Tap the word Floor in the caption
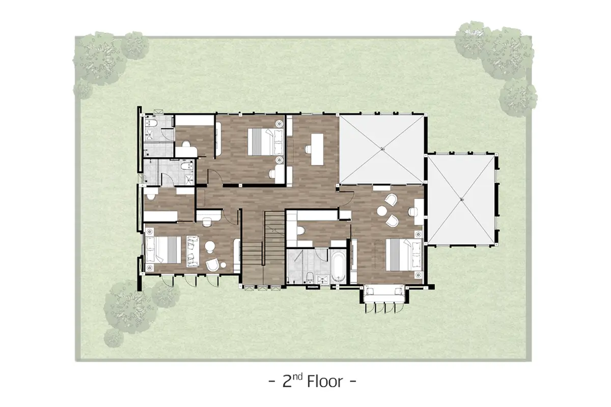click(x=325, y=382)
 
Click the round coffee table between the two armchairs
click(x=382, y=211)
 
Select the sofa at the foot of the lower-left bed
click(x=193, y=251)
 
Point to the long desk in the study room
click(x=317, y=149)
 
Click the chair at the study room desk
click(x=308, y=149)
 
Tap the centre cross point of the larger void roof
click(x=382, y=149)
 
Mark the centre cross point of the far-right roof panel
click(x=461, y=200)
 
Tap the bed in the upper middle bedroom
click(x=265, y=142)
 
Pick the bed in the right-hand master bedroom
click(x=404, y=254)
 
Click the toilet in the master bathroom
click(x=310, y=277)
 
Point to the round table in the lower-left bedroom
click(x=210, y=246)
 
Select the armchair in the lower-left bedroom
click(x=213, y=265)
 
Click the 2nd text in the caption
click(x=293, y=381)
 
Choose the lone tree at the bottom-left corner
click(x=114, y=338)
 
